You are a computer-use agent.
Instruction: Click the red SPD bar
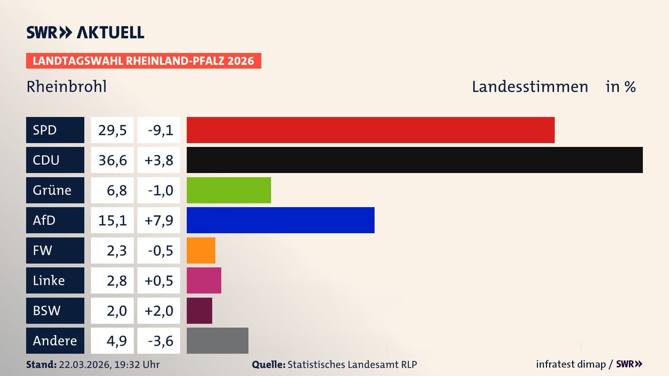coord(370,130)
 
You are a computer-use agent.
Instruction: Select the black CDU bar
coord(415,160)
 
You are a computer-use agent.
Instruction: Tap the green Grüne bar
coord(229,190)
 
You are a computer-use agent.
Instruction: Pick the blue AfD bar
coord(280,220)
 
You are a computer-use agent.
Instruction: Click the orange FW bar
coord(201,250)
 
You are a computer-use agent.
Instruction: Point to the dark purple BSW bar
coord(199,311)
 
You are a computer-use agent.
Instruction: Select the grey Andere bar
coord(217,340)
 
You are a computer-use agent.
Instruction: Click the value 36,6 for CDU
coord(112,160)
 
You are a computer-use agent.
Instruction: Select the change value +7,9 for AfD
coord(159,220)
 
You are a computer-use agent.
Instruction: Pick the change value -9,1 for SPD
coord(160,130)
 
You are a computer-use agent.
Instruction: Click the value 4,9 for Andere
coord(116,340)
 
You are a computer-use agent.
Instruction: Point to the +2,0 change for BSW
coord(159,311)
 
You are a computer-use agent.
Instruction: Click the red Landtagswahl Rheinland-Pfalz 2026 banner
coord(144,61)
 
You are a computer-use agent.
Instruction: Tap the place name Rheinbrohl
coord(67,86)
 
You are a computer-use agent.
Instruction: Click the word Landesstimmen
coord(530,87)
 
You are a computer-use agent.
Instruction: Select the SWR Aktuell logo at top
coord(85,32)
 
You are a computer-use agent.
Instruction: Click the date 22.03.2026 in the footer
coord(85,365)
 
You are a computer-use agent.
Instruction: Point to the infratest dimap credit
coord(571,364)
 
